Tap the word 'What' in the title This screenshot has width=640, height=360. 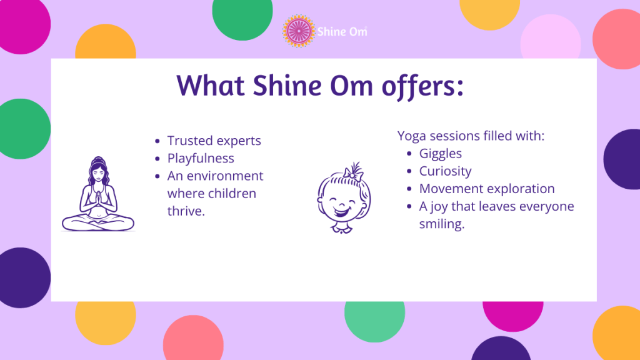pos(211,85)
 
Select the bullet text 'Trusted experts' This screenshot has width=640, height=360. pos(214,141)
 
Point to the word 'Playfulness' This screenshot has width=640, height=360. pos(201,158)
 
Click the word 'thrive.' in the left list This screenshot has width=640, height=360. pos(186,211)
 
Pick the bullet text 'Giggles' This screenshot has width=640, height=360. pos(441,153)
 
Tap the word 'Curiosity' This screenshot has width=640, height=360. pos(445,171)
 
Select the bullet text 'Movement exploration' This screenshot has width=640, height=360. pos(487,188)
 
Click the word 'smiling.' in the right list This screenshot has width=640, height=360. pos(442,224)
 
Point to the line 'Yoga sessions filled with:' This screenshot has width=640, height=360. pos(471,136)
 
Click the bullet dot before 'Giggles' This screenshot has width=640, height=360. pos(409,153)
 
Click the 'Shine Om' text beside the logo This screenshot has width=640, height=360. pos(341,31)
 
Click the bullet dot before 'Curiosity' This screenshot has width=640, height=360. pos(409,171)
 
